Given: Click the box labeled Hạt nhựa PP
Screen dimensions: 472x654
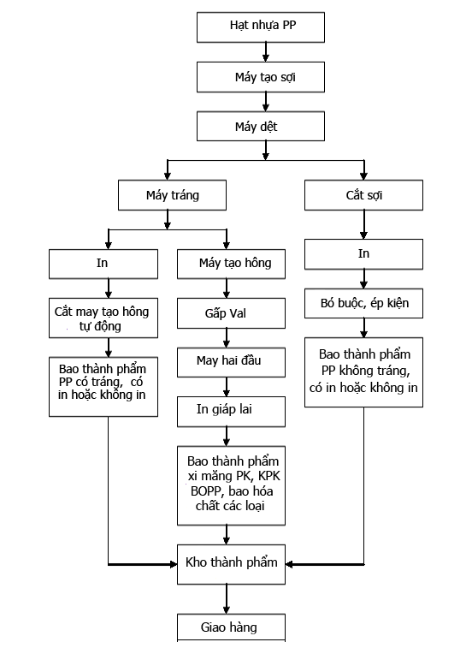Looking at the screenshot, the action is point(261,27).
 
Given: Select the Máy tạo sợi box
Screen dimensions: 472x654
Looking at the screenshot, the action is point(261,77).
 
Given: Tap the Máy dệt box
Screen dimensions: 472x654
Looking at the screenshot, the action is point(261,126).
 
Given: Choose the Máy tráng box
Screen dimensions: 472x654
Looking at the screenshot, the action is point(172,195).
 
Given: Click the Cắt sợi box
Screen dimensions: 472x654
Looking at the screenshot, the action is point(363,195).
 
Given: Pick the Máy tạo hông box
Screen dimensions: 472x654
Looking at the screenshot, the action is point(231,264).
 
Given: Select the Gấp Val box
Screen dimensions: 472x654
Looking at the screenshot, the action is point(231,313).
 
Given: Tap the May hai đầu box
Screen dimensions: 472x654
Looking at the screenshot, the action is point(231,362).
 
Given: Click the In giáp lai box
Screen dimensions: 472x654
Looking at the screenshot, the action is point(231,412).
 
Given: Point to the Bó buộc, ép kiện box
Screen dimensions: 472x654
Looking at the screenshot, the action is point(363,303).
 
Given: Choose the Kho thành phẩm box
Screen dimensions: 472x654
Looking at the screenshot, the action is point(231,564).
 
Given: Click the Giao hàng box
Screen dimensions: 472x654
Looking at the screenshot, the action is point(231,627).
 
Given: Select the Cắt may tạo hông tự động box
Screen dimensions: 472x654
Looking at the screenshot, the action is point(103,318).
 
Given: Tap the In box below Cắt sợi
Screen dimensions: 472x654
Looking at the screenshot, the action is point(363,254).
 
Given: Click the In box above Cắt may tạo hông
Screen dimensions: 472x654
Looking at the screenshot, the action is point(103,264).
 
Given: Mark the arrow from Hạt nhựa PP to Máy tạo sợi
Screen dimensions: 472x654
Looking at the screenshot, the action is point(266,52).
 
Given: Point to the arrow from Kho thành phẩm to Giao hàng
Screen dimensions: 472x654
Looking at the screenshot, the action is point(227,599).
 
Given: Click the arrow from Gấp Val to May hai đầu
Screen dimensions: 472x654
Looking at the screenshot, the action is point(227,338).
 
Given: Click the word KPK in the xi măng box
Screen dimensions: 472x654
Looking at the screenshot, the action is point(269,476).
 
